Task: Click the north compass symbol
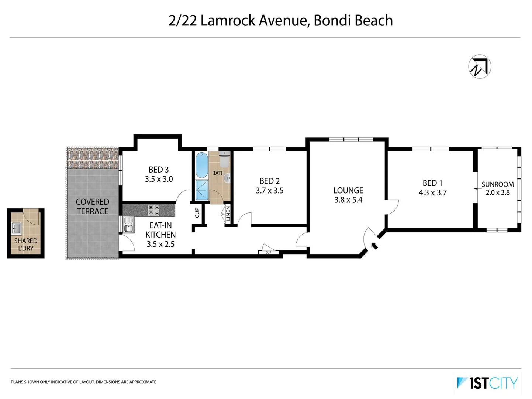[x=479, y=66]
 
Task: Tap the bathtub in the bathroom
[x=202, y=165]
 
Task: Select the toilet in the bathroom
[x=224, y=160]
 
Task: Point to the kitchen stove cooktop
[x=154, y=211]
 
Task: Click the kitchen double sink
[x=128, y=225]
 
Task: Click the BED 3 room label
[x=159, y=170]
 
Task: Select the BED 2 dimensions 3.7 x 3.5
[x=270, y=191]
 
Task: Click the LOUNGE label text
[x=348, y=190]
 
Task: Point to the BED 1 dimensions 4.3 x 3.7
[x=433, y=192]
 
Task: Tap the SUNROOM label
[x=498, y=184]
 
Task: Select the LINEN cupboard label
[x=228, y=214]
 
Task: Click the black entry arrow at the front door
[x=374, y=246]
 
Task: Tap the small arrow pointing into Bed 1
[x=476, y=188]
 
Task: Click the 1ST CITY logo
[x=487, y=383]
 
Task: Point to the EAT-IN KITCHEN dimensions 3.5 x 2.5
[x=160, y=244]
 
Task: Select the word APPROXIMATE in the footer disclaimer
[x=143, y=382]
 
